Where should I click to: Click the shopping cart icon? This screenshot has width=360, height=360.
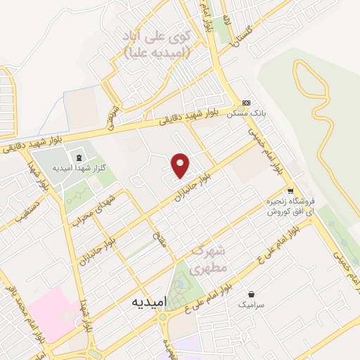coord(290,191)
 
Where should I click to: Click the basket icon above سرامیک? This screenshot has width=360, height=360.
coord(251,294)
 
